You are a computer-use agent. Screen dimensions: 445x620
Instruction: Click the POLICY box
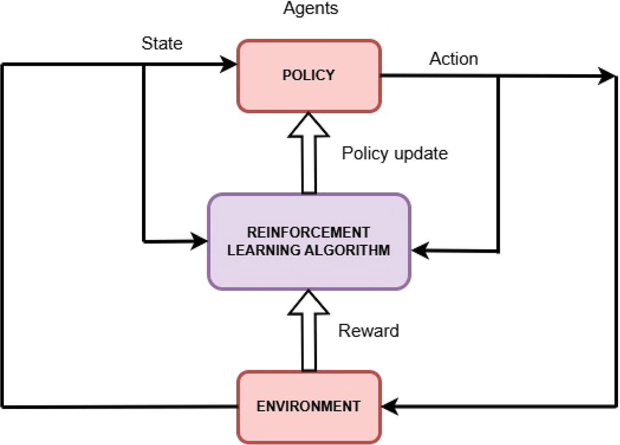coord(309,76)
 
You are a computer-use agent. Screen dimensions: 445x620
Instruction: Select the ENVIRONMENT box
coord(309,407)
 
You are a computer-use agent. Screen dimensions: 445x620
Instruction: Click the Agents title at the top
coord(311,9)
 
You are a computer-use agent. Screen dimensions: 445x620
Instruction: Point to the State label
coord(162,44)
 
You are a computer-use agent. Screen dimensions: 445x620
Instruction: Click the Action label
coord(453,59)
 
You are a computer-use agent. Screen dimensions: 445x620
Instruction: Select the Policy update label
coord(395,153)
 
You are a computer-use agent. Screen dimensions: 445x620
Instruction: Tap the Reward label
coord(368,331)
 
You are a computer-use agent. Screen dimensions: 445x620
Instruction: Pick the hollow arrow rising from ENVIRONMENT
coord(309,331)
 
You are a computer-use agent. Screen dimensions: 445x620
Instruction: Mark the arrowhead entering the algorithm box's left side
coord(199,241)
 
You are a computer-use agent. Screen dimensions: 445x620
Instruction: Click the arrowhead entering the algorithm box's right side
coord(420,250)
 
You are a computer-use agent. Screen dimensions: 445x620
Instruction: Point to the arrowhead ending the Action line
coord(606,76)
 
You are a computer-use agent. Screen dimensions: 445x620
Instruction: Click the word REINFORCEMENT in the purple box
coord(308,233)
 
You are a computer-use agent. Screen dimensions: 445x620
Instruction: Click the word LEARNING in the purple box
coord(261,250)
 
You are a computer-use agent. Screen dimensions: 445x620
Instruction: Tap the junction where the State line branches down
coord(144,64)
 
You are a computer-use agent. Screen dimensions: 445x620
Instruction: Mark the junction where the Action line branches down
coord(498,76)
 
